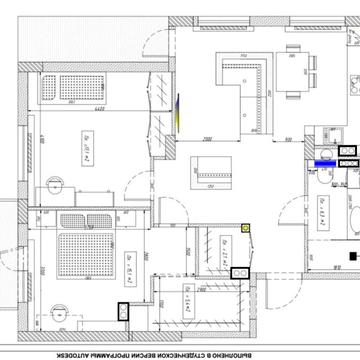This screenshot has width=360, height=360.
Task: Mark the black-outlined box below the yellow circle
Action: (240, 269)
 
